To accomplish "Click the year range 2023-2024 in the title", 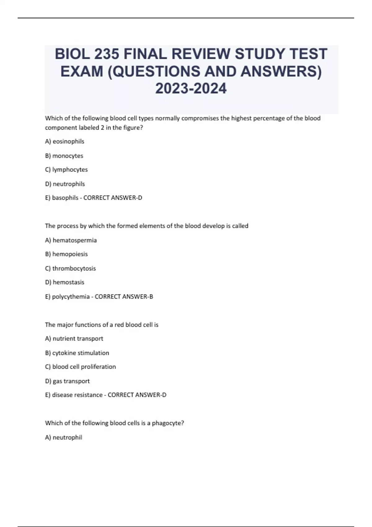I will (191, 89).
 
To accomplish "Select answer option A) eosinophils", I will (64, 141).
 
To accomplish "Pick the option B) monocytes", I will (64, 156).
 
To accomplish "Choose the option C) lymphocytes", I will (66, 170).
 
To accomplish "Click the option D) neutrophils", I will (65, 184).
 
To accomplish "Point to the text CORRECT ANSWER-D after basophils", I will (113, 198).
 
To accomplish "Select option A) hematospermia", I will (71, 240).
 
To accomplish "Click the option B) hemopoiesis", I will (66, 254).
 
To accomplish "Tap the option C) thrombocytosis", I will (70, 268).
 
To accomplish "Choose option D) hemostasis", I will (64, 282).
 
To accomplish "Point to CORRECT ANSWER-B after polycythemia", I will (124, 297).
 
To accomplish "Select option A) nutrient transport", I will (74, 339).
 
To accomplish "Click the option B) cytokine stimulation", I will (77, 353).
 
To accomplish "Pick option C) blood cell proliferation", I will (80, 367).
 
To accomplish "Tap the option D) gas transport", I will (67, 381).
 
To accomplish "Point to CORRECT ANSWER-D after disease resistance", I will (137, 395).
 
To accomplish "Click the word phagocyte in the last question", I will (168, 423).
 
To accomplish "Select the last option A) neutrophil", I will (64, 437).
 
